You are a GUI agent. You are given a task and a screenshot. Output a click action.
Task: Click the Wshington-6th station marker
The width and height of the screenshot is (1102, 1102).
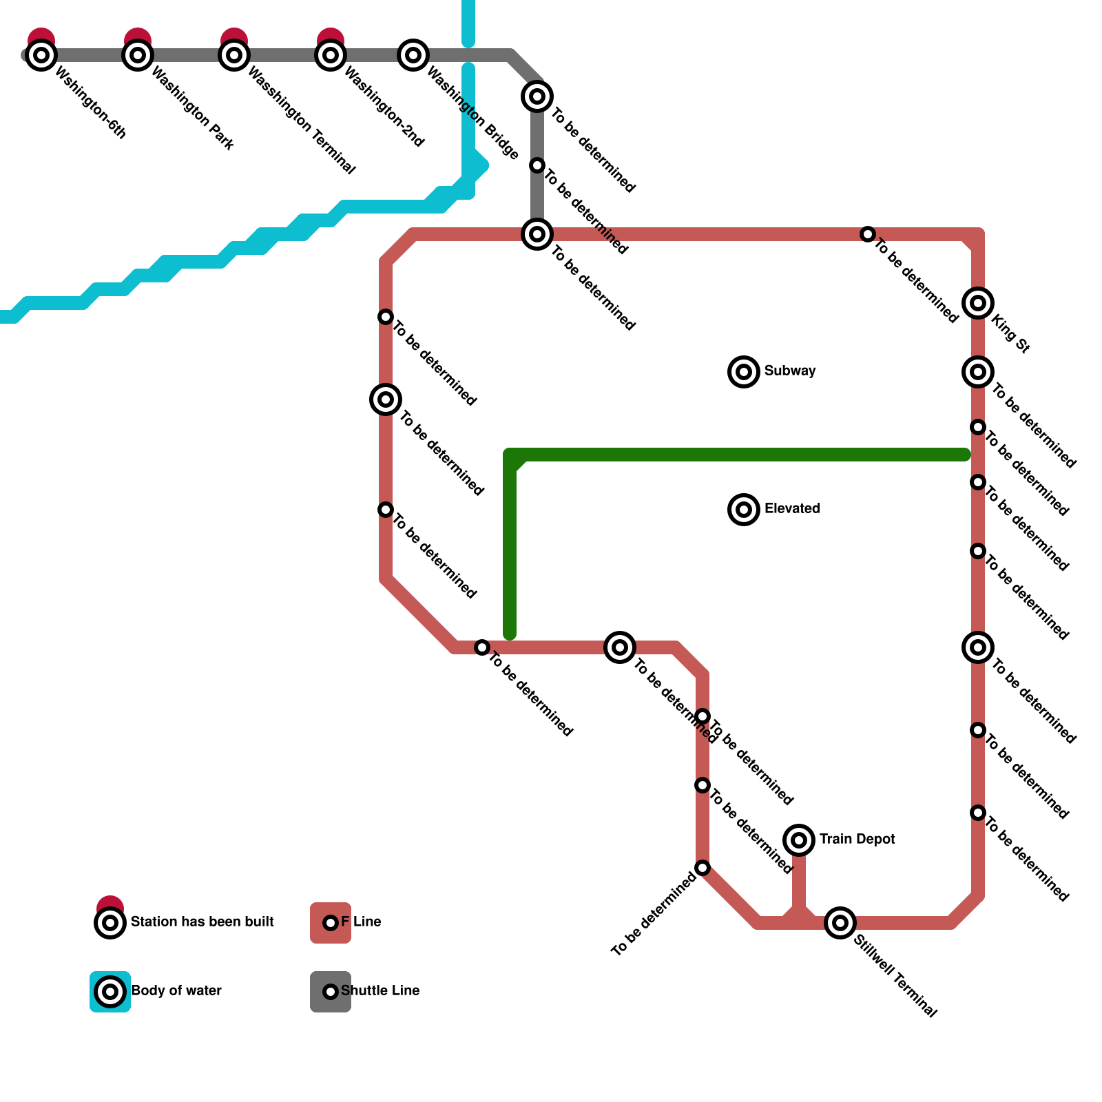(41, 55)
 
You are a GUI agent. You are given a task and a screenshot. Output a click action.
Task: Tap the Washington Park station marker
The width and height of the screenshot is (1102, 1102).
(138, 55)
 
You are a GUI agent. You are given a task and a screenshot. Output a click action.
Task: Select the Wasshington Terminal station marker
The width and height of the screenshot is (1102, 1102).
(234, 55)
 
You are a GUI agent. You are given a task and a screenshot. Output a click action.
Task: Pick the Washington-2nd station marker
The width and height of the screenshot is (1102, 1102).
(331, 55)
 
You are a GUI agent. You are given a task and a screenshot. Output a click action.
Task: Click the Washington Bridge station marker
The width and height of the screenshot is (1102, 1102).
(413, 55)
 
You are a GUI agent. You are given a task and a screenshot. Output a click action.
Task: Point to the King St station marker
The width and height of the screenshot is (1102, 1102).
(978, 303)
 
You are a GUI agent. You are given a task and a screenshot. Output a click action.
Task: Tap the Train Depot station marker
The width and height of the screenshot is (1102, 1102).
(799, 840)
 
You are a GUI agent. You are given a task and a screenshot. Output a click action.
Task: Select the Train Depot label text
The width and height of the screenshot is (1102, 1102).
(857, 840)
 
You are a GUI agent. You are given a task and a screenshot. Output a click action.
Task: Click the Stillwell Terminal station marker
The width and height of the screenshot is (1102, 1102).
(840, 923)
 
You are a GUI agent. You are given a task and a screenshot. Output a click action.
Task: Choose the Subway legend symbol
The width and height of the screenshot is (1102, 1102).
(744, 372)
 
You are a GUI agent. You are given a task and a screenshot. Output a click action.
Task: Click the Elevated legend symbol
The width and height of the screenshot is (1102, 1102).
(744, 510)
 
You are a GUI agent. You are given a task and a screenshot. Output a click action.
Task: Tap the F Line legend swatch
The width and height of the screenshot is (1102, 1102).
(331, 923)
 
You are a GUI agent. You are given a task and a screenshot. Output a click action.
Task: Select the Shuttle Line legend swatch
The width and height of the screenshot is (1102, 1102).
(331, 992)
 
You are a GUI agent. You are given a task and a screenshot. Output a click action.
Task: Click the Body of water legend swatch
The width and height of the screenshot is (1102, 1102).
(110, 992)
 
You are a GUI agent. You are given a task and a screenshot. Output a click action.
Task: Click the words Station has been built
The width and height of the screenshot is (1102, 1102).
(202, 922)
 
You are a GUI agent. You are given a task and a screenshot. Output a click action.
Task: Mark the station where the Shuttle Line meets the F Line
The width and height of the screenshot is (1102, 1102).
(537, 234)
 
